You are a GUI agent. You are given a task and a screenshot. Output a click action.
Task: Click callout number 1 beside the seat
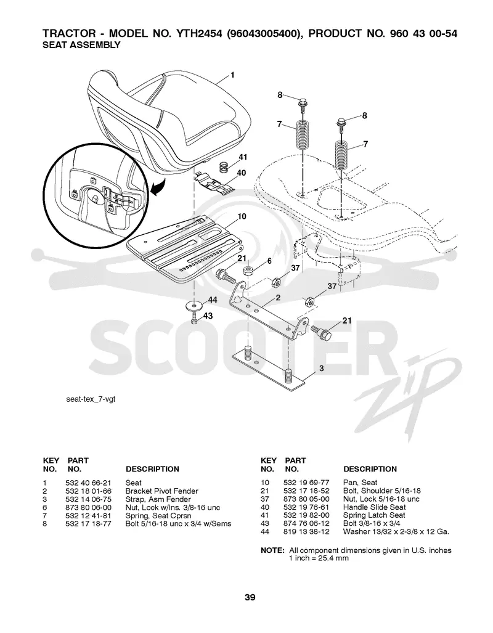232,75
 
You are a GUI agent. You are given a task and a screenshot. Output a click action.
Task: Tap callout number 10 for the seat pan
242,216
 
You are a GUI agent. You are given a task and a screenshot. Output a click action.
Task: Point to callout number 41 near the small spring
243,157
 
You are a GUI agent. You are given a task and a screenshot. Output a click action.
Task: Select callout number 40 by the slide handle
241,173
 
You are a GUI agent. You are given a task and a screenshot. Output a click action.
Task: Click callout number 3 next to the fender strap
322,368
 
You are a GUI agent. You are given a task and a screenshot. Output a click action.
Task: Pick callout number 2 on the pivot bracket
278,298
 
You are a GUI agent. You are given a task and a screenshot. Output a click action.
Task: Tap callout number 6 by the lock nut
269,261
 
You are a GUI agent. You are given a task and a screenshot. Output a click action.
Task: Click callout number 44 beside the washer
213,300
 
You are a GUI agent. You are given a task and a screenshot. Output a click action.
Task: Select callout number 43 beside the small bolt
208,316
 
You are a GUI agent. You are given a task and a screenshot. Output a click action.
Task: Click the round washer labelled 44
195,305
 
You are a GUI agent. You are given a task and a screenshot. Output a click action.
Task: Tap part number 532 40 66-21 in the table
88,483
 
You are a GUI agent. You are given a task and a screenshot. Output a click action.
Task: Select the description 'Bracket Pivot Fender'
161,491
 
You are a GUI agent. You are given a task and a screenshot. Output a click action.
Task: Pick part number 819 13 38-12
306,532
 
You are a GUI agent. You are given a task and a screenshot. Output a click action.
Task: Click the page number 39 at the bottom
250,597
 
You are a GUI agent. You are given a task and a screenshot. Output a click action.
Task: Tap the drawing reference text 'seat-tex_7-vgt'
91,399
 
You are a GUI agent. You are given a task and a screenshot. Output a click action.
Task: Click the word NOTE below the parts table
272,550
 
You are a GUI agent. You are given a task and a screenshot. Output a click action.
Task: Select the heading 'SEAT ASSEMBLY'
81,45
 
